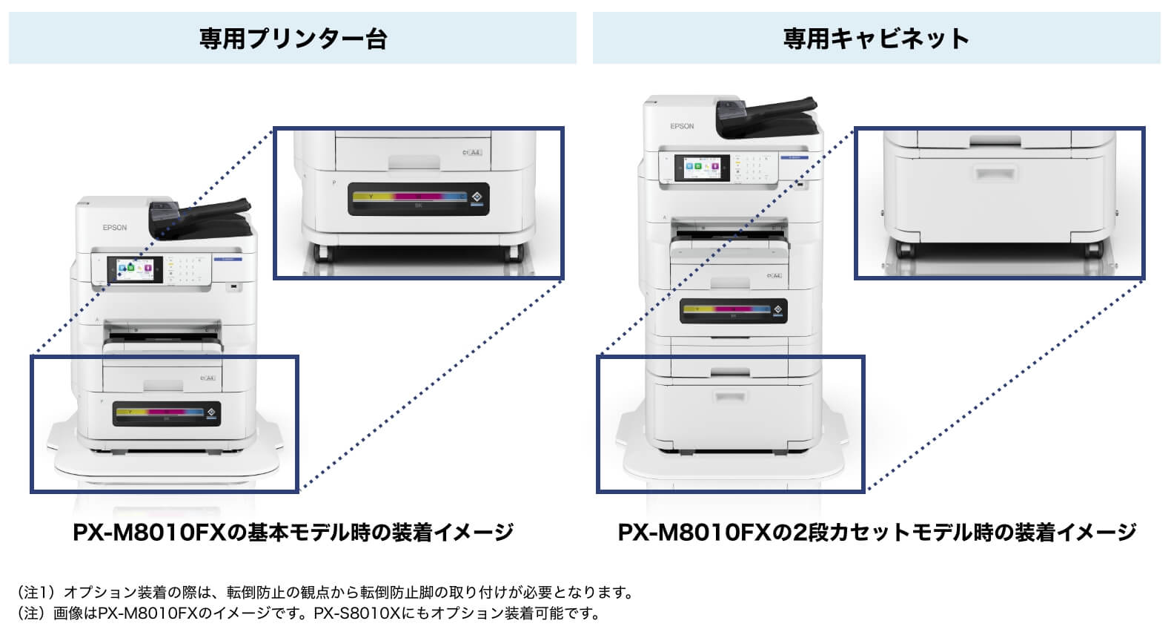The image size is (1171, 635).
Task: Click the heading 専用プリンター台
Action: (293, 39)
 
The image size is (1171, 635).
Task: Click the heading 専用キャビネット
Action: (876, 39)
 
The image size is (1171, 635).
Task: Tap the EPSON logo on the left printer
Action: (115, 228)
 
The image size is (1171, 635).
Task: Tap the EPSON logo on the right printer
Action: (682, 126)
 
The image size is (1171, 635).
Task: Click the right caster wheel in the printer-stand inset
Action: (512, 252)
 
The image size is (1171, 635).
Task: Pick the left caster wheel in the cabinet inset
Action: (904, 249)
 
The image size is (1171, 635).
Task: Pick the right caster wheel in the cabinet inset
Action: (1094, 249)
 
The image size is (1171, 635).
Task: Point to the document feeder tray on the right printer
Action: (767, 116)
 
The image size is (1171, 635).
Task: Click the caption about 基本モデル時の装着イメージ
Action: (293, 533)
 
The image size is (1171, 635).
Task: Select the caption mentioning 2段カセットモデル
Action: (877, 533)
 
